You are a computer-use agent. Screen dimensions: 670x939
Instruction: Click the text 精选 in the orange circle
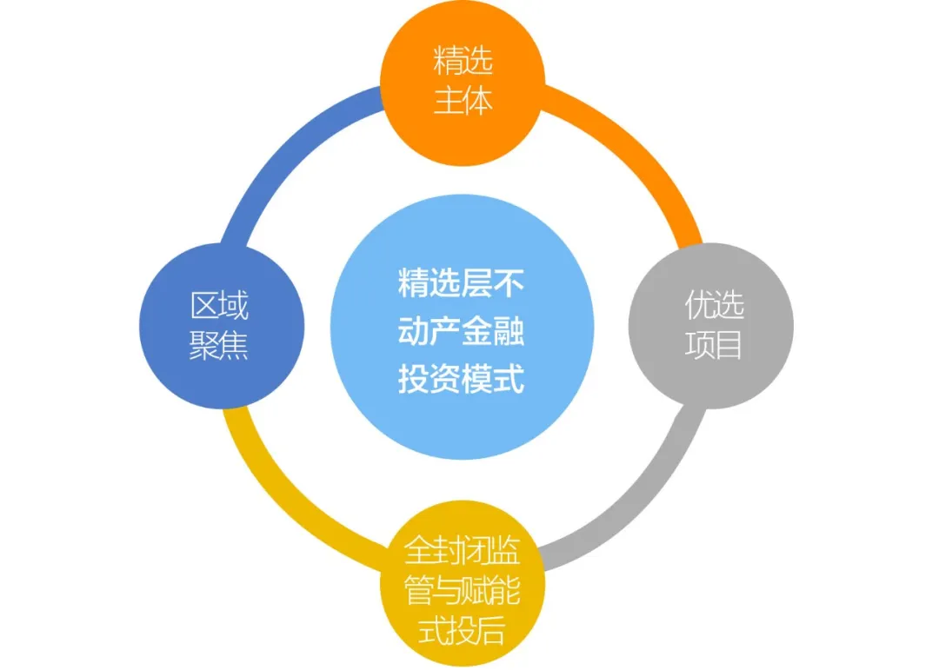tap(463, 62)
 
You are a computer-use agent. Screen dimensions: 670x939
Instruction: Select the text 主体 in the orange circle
tap(463, 101)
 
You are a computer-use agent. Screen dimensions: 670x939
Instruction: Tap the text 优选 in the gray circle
tap(714, 306)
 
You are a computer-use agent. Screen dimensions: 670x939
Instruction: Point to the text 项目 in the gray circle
tap(714, 346)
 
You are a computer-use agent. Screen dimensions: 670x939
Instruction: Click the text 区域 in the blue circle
tap(219, 306)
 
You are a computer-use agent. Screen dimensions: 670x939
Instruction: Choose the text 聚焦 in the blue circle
tap(219, 346)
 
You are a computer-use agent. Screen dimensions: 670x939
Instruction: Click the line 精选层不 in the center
tap(462, 283)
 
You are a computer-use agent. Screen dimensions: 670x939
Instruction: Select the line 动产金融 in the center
tap(462, 332)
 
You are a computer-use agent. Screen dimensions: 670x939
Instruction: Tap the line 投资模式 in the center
tap(462, 380)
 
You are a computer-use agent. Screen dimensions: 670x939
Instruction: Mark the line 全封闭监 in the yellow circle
tap(463, 551)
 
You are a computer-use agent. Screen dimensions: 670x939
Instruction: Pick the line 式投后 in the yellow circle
tap(463, 632)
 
